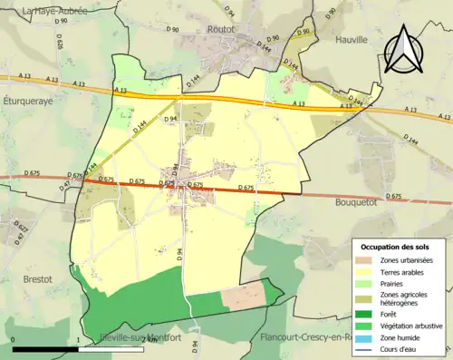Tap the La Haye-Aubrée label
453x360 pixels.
point(45,9)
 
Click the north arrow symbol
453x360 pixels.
point(404,51)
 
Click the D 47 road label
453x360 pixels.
point(65,185)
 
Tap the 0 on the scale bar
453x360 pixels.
point(13,341)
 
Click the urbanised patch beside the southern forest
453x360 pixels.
point(243,295)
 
